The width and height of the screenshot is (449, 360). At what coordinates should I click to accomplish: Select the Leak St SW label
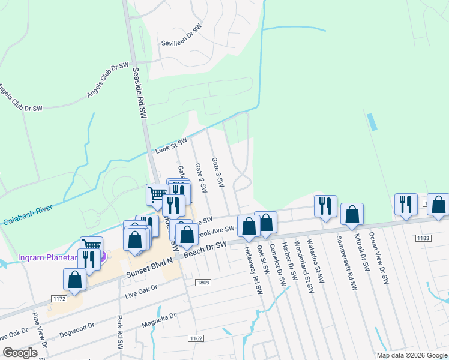pos(172,145)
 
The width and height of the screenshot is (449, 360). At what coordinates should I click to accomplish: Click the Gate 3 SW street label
pos(217,172)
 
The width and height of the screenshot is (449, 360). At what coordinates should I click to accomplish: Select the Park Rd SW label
pos(120,333)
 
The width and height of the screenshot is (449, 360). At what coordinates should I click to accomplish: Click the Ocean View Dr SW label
pos(379,258)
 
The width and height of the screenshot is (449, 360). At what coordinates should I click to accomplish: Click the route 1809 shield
pos(202,282)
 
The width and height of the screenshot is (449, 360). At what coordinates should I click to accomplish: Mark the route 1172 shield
pos(58,298)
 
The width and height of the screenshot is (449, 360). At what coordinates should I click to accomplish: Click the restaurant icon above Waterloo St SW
pos(325,205)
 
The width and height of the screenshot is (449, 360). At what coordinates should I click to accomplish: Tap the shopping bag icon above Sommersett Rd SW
pos(352,214)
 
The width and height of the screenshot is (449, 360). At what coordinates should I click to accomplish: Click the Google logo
pos(19,353)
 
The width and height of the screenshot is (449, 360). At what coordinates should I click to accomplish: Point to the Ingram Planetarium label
pos(48,257)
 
